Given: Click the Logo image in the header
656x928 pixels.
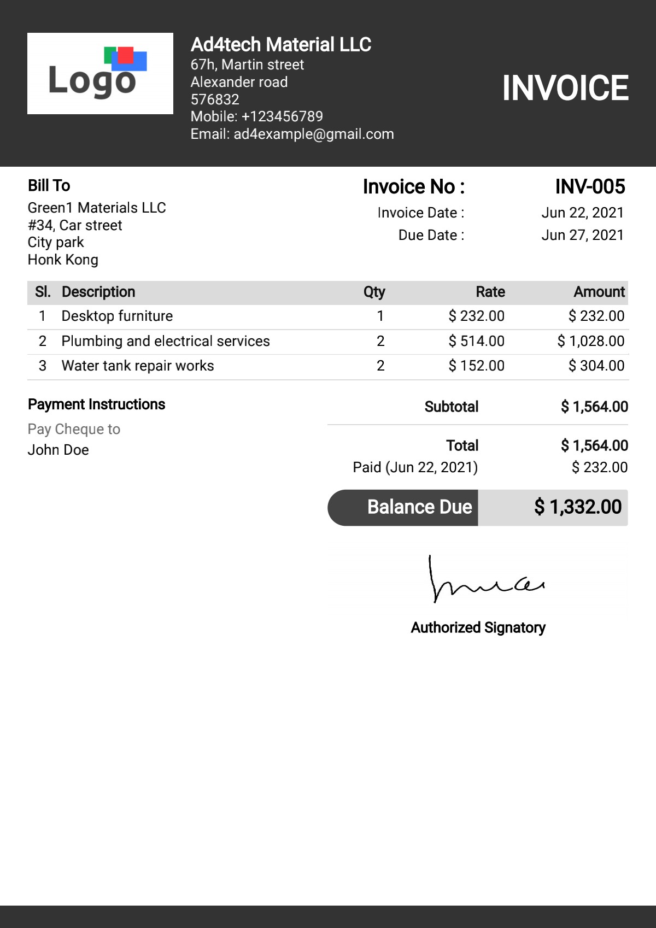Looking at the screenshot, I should coord(100,73).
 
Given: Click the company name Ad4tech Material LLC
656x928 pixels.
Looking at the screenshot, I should coord(280,45).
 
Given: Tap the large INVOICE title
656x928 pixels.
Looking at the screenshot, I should coord(565,88).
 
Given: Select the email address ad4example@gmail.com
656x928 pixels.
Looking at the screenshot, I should coord(314,134).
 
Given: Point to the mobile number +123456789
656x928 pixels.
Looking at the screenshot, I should coord(282,116).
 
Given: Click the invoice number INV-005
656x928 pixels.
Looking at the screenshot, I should coord(590,187).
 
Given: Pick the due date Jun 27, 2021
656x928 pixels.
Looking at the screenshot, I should coord(582,235).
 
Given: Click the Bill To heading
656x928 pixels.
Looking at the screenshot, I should coord(49,186).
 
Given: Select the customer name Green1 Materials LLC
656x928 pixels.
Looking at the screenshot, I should coord(97,208).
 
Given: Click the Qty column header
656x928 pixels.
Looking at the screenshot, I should coord(374,292).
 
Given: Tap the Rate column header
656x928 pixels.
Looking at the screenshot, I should coord(490,292).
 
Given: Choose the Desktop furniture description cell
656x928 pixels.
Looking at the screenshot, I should coord(117,316).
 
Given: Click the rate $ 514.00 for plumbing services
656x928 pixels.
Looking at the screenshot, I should coord(476,341).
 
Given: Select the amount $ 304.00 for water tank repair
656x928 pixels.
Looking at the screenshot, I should coord(596,366).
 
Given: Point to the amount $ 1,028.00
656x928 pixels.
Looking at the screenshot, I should coord(590,341).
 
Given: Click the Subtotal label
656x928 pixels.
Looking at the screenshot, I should coord(451,407).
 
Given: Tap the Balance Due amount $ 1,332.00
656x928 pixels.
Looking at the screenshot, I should coord(577,507).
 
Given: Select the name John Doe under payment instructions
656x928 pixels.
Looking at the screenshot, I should coord(58,450).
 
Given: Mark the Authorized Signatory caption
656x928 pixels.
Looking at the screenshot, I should coord(478,627).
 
